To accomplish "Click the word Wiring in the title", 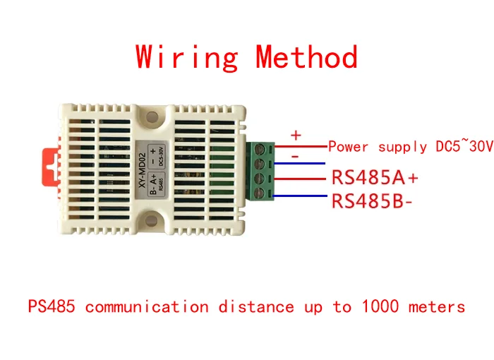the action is click(187, 57).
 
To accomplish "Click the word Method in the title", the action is click(306, 56).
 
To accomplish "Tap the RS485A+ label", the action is click(375, 177).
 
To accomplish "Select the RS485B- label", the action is click(372, 200).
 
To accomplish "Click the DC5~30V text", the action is click(464, 145).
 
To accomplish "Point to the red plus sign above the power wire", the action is click(296, 136).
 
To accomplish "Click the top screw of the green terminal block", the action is click(260, 148).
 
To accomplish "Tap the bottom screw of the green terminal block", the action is click(260, 193).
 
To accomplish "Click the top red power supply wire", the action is click(301, 146).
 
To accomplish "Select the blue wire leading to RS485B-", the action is click(300, 196).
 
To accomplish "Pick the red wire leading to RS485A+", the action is click(300, 179).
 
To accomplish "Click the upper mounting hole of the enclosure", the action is click(152, 118).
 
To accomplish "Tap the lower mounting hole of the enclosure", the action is click(152, 220).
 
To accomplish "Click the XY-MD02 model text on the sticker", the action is click(143, 170).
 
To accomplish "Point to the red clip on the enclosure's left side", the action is click(51, 167).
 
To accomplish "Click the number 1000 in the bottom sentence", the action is click(380, 306).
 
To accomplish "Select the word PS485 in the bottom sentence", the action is click(52, 306).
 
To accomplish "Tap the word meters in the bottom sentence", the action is click(437, 306).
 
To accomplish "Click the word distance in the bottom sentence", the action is click(256, 306).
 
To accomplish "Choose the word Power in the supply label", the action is click(348, 147).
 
